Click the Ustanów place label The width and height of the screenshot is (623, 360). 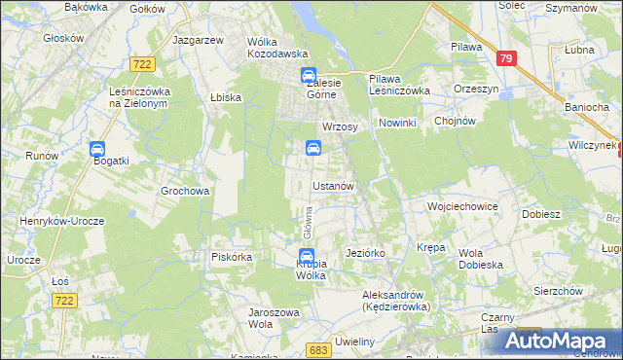point(338,186)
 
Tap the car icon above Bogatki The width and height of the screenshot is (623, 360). point(97,149)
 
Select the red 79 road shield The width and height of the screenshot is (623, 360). point(504,59)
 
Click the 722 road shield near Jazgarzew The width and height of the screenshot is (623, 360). point(143,63)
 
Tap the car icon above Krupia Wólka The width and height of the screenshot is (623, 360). point(306,256)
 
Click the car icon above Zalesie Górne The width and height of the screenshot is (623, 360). point(308,76)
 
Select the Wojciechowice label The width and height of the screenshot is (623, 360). point(462,207)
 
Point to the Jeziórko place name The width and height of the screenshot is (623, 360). point(366,253)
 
